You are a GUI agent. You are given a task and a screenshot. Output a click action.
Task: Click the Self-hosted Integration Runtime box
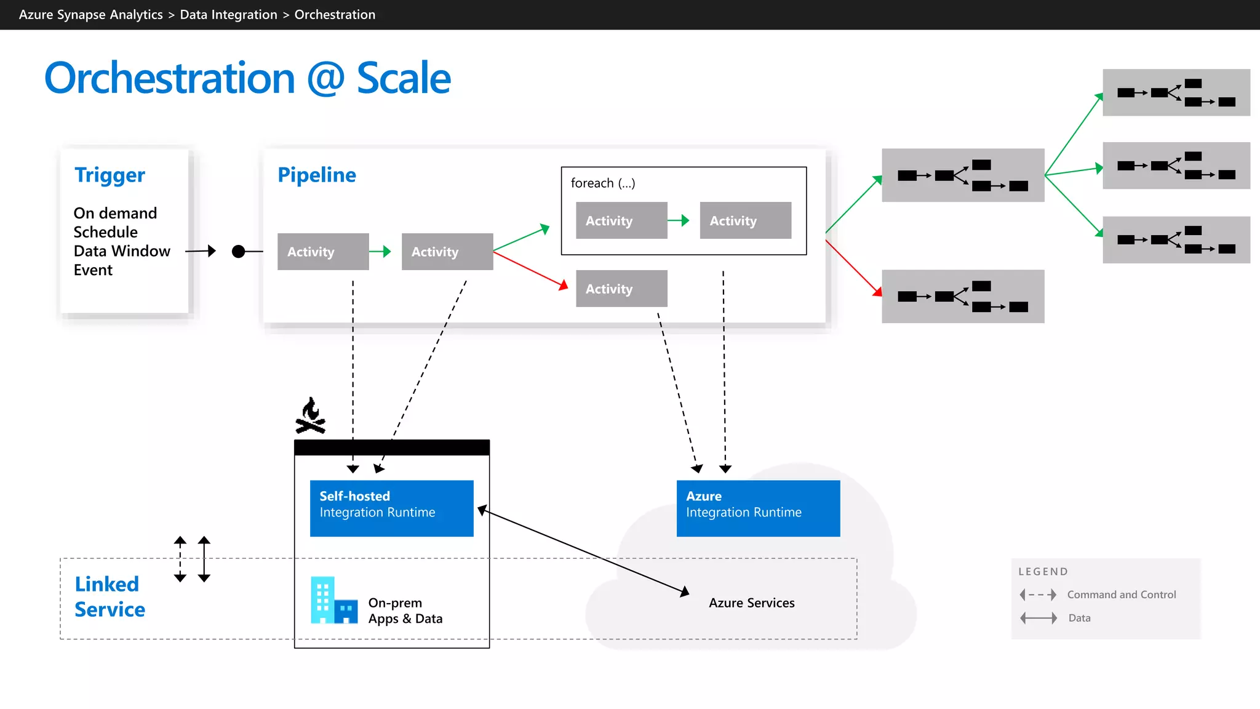point(391,508)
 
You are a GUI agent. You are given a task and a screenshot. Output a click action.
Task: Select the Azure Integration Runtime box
point(758,508)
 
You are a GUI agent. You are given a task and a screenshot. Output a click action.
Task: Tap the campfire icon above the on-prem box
point(311,416)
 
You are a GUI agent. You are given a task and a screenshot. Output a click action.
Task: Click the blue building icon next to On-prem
point(333,600)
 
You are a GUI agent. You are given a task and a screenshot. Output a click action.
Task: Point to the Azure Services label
point(751,603)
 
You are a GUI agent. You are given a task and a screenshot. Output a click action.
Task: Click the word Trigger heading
point(110,175)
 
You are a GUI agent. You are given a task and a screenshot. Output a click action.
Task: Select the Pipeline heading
point(316,175)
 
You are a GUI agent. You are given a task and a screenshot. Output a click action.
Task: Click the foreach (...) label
point(602,183)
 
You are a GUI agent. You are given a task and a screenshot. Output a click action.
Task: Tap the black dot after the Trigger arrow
point(238,251)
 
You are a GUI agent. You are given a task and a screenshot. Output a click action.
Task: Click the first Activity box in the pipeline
point(323,251)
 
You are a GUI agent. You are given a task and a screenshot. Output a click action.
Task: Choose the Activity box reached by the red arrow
point(621,289)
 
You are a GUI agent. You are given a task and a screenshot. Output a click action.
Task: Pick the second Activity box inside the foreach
point(745,220)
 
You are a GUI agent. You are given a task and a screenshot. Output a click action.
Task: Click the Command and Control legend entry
point(1121,595)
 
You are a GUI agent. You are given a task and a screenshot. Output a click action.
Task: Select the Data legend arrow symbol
point(1038,618)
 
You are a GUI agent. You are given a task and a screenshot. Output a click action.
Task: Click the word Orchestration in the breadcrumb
point(335,15)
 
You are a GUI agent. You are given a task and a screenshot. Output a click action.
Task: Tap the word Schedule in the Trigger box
point(105,232)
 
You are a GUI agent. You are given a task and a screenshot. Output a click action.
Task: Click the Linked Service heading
point(110,596)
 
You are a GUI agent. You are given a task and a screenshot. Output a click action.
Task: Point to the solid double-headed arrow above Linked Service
point(204,559)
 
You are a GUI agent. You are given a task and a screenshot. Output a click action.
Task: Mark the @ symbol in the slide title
point(325,79)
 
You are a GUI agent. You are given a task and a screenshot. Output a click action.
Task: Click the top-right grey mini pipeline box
point(1176,92)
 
